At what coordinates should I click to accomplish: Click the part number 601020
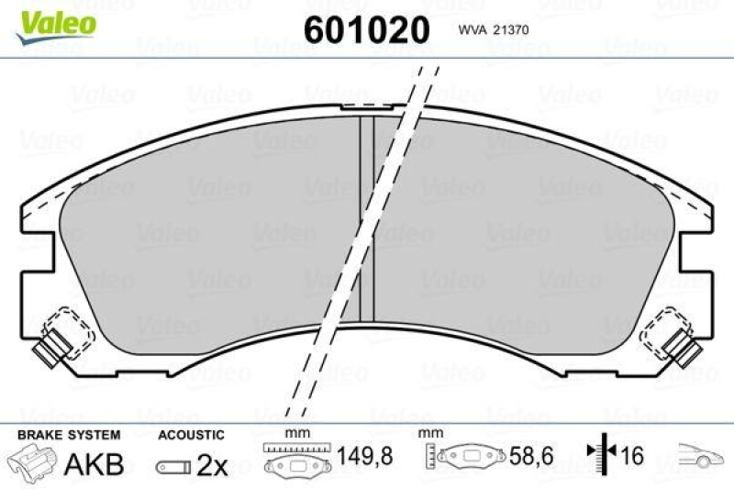366,29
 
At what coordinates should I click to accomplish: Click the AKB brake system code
94,464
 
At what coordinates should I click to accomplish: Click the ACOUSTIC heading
191,433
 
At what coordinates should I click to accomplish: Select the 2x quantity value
212,465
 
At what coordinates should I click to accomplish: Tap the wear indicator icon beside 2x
172,466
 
